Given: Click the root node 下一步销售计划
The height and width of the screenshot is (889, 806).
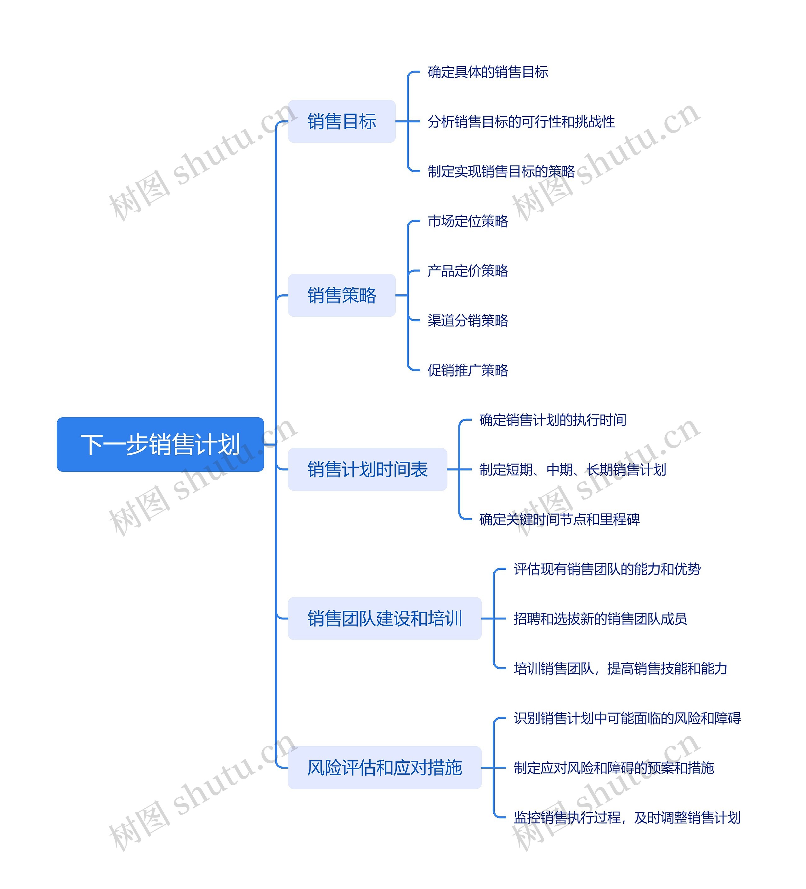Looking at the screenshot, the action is point(160,444).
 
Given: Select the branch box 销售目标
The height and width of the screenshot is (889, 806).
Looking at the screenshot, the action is point(342,121).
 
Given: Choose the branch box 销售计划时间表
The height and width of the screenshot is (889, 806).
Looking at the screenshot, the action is point(367,469).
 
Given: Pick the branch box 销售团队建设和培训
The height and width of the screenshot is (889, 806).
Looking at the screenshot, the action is point(384,618).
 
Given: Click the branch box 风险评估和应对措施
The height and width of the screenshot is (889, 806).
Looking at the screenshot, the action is point(384,768).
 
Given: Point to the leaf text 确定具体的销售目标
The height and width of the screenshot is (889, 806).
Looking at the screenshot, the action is point(488,72).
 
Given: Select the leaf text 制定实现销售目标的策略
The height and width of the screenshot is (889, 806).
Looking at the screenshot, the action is point(501,171).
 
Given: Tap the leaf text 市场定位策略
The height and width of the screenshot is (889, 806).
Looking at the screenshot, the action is point(468,221).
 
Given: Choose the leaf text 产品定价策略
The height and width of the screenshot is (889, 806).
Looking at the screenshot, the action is point(468,271).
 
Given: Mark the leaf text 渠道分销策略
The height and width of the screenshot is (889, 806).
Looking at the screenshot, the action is point(468,320).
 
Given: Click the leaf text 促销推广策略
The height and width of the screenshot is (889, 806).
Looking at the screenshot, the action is point(468,370).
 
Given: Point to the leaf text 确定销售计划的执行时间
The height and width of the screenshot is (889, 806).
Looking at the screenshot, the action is point(553,420).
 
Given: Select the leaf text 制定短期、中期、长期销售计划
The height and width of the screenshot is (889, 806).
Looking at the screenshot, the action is point(572,470).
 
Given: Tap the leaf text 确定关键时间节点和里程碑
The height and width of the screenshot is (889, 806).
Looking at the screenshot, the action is point(559,519).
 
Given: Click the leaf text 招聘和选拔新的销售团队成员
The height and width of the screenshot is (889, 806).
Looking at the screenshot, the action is point(600,619).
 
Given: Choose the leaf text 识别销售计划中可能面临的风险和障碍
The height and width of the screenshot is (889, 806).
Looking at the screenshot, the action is point(627,718).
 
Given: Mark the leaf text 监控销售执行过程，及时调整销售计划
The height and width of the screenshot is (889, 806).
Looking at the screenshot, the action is point(627,817).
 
